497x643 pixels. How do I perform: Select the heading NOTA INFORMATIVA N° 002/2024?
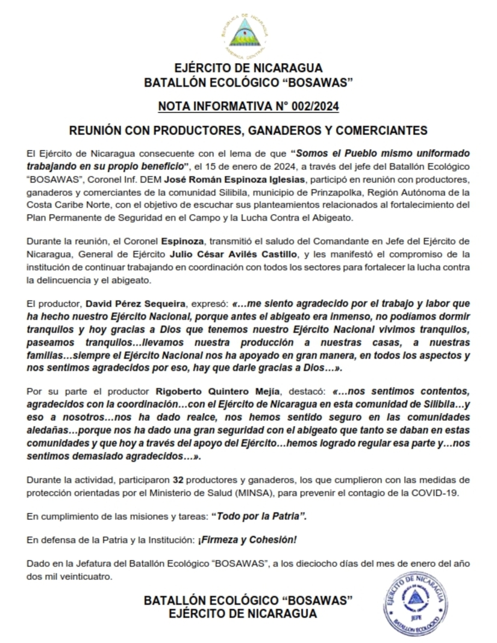(x=248, y=107)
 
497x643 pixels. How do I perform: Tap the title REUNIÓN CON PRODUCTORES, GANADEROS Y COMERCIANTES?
(x=248, y=130)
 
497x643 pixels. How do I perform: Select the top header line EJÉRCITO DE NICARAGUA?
(x=248, y=68)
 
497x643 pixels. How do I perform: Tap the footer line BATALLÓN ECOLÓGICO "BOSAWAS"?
(x=248, y=601)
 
